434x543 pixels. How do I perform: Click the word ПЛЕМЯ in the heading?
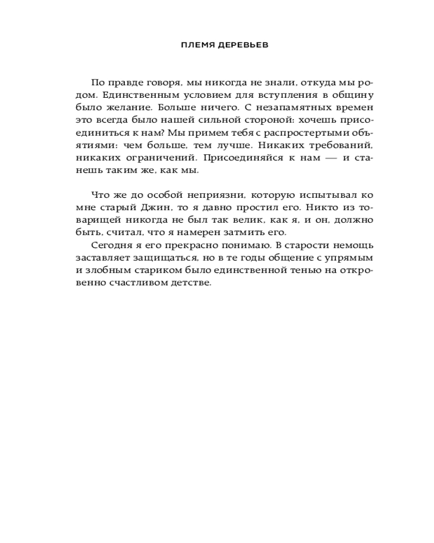196,46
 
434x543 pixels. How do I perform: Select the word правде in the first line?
125,82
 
